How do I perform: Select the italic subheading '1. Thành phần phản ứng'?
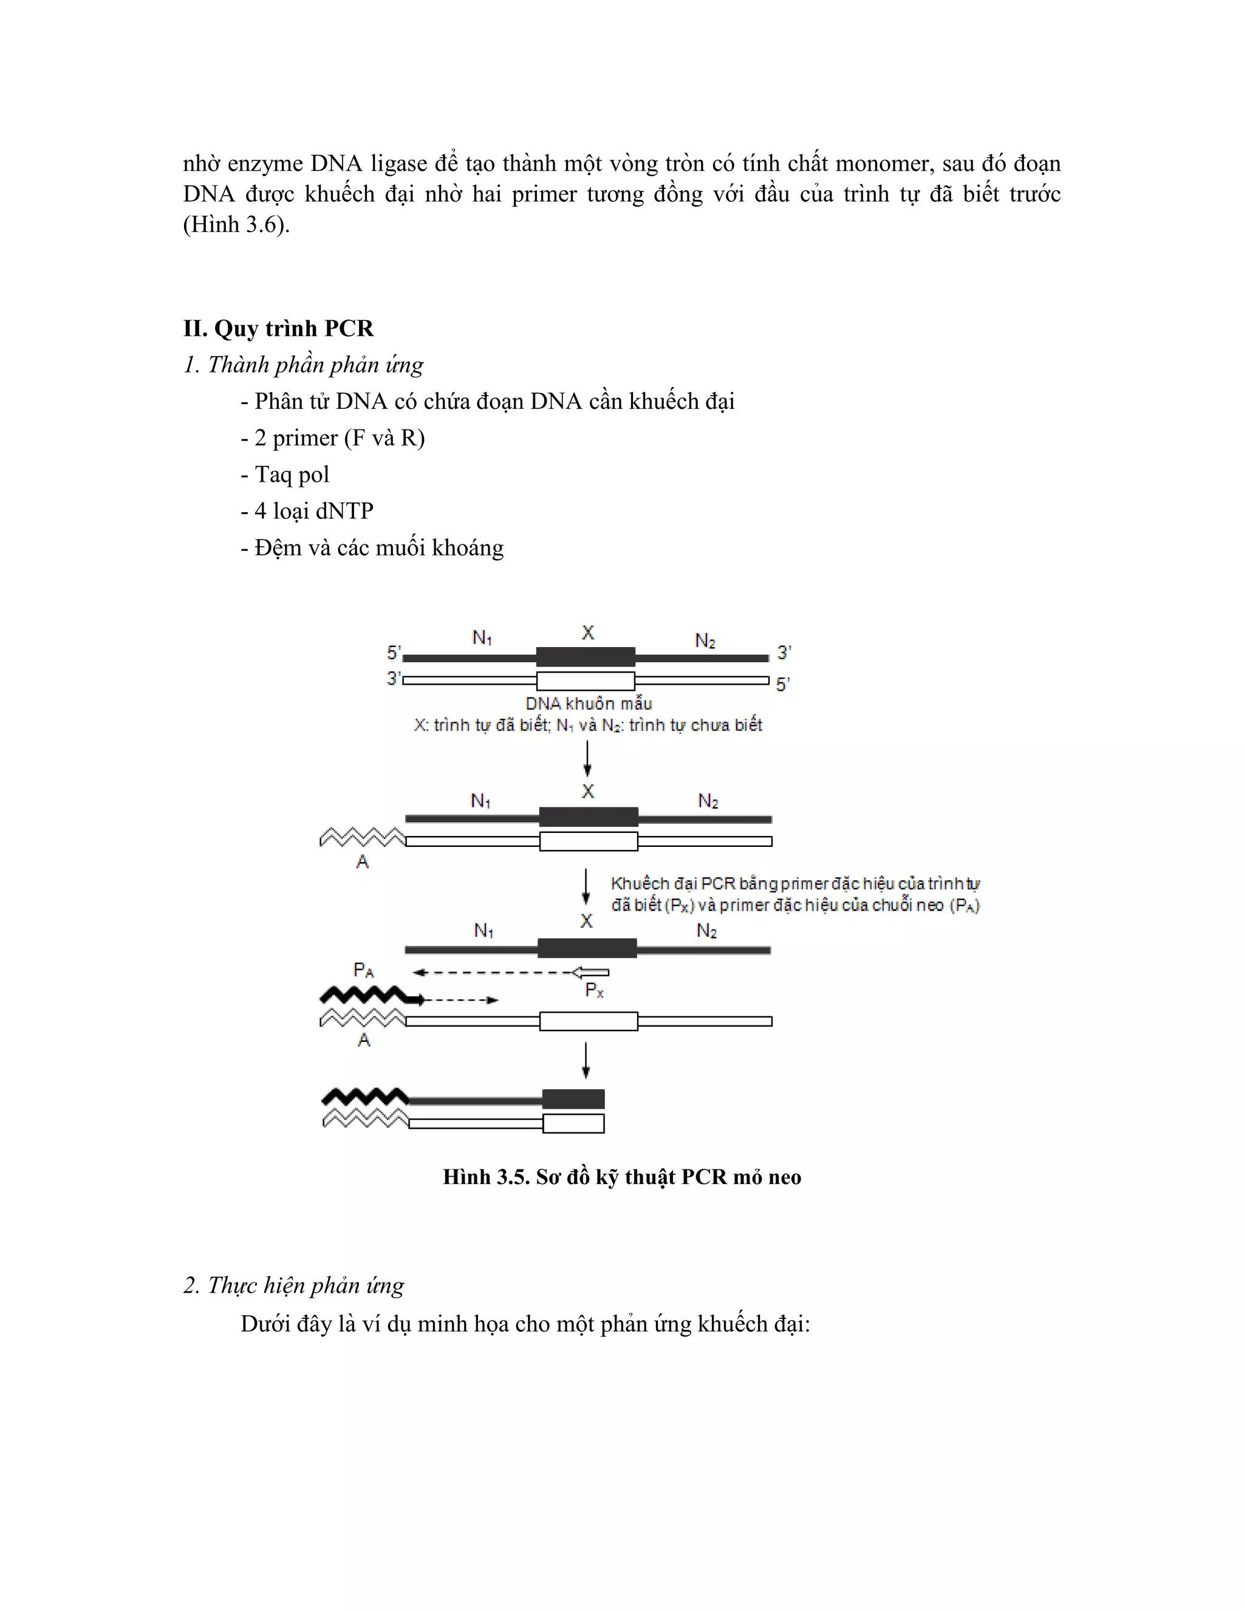[x=303, y=365]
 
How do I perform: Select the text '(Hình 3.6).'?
[x=236, y=225]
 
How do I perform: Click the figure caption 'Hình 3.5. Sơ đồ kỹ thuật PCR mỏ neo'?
[x=621, y=1177]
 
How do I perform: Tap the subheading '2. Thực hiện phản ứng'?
[x=293, y=1285]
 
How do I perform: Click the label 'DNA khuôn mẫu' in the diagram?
[x=588, y=704]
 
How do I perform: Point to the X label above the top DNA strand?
[x=587, y=632]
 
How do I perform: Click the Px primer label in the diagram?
[x=594, y=991]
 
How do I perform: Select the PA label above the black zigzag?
[x=363, y=970]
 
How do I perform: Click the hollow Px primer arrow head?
[x=590, y=972]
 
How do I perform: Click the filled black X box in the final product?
[x=573, y=1099]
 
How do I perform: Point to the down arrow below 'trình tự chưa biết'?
[x=587, y=759]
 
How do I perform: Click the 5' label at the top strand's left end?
[x=394, y=653]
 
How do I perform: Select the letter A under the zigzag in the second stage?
[x=362, y=861]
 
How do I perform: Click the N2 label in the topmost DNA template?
[x=705, y=640]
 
